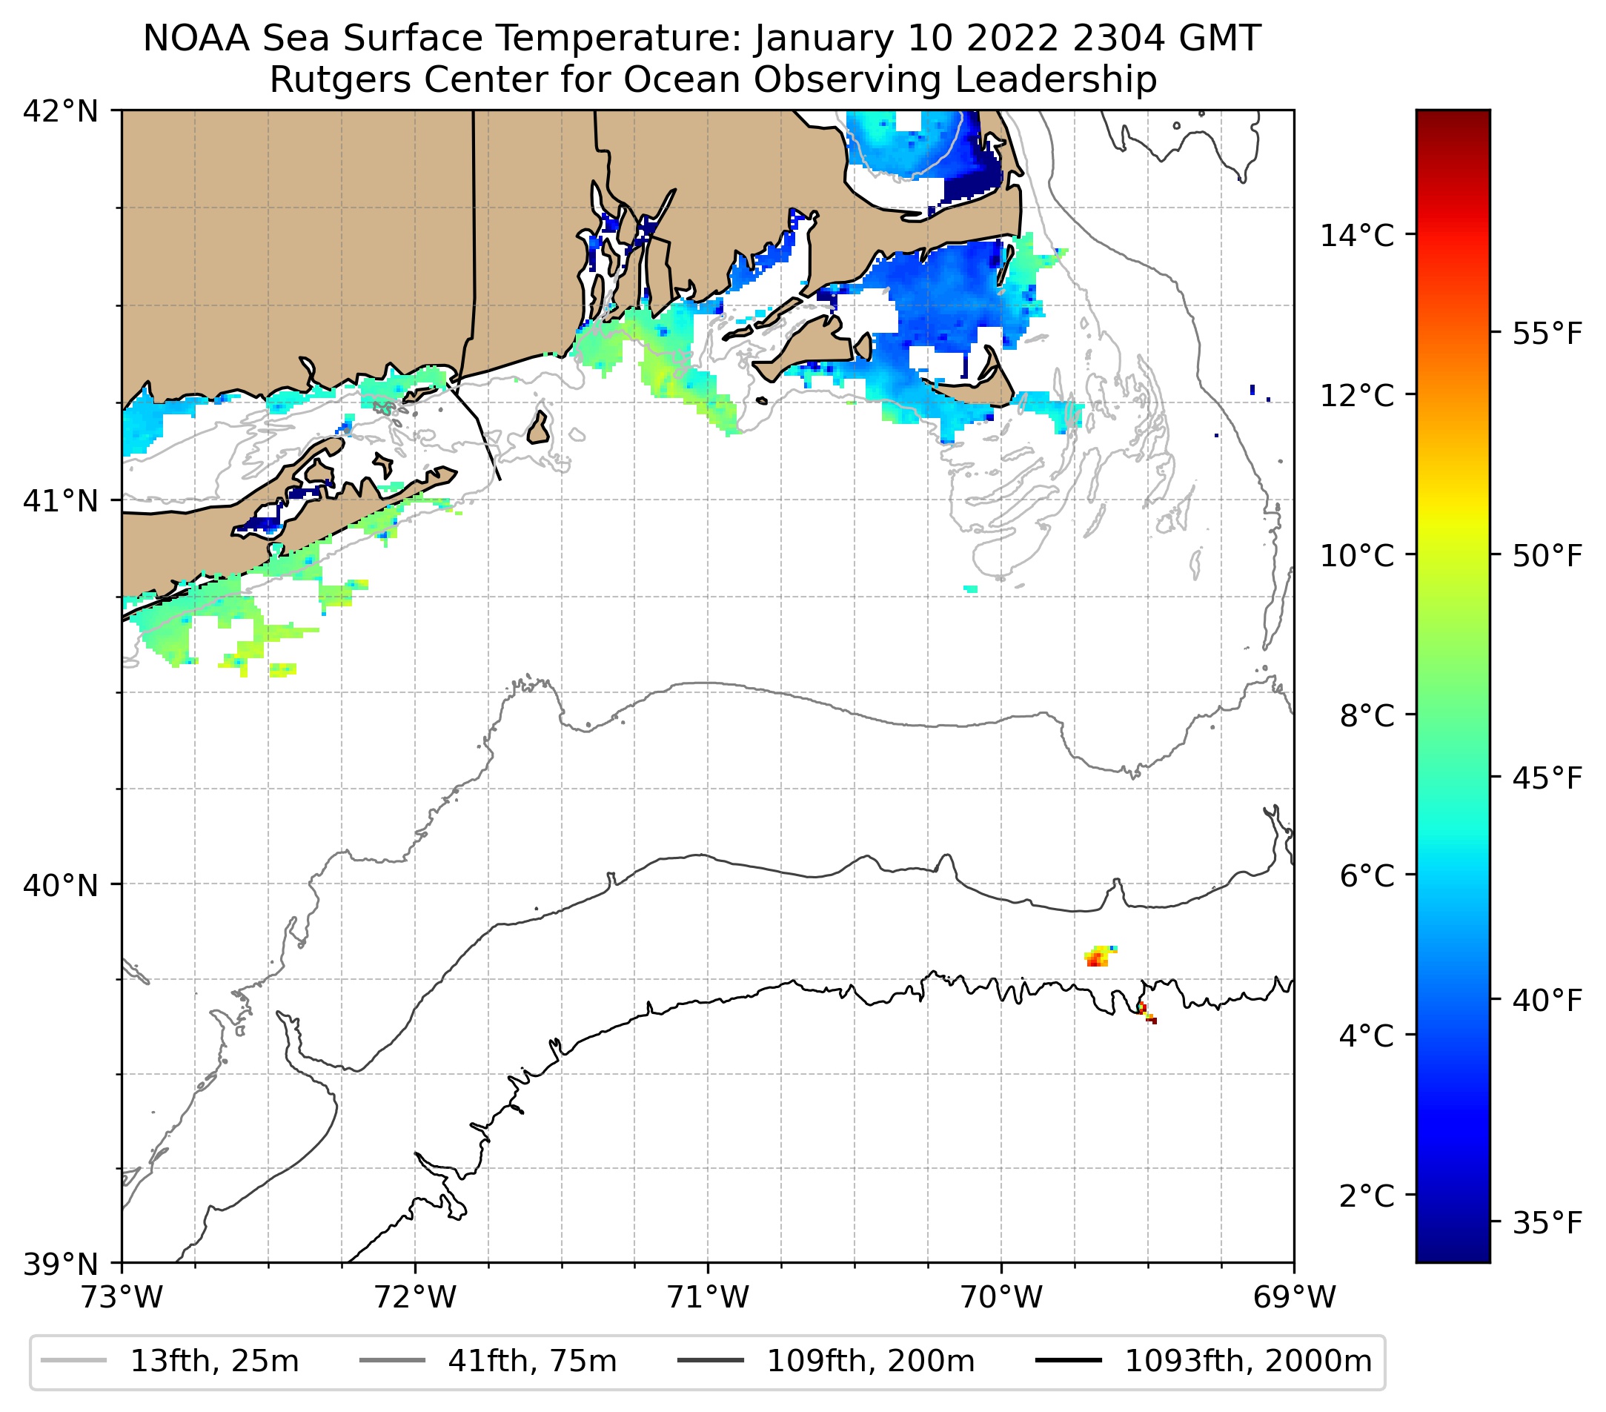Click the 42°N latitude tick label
pos(61,112)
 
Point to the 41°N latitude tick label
pos(61,500)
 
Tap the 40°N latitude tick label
pos(61,886)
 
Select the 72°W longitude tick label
pos(415,1297)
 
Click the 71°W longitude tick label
pos(708,1297)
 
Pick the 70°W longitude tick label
pos(1002,1297)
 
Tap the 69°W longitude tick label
pos(1294,1297)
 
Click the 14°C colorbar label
pos(1357,235)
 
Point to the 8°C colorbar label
pos(1367,716)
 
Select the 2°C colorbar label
pos(1367,1196)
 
